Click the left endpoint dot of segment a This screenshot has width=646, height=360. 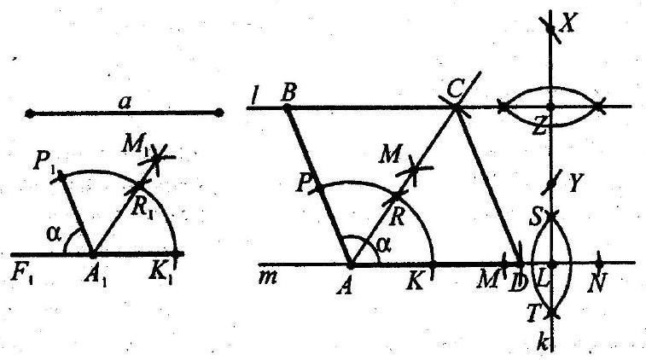pyautogui.click(x=30, y=113)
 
